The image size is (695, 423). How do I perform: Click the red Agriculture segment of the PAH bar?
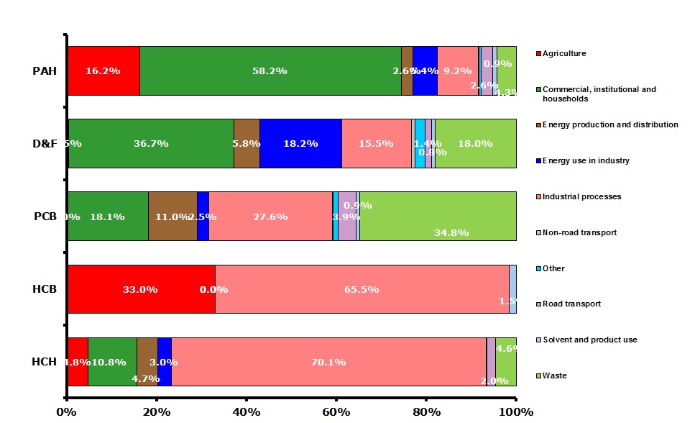103,71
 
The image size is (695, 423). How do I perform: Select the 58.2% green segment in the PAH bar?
270,71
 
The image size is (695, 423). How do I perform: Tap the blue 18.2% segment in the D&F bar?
300,143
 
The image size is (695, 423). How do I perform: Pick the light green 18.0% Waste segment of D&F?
475,143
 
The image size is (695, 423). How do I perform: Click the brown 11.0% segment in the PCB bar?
172,216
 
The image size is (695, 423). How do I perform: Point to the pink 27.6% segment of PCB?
270,216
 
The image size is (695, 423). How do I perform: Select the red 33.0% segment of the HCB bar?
141,289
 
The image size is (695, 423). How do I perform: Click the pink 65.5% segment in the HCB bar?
362,289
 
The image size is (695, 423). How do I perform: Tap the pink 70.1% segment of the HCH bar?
328,362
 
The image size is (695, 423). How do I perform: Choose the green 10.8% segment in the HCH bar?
112,362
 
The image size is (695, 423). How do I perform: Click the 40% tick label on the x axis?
246,412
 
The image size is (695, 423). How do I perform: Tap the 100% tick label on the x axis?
515,412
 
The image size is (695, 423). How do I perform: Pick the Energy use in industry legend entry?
586,160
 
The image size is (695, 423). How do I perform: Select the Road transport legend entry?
571,304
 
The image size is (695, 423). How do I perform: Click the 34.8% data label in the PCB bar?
451,232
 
